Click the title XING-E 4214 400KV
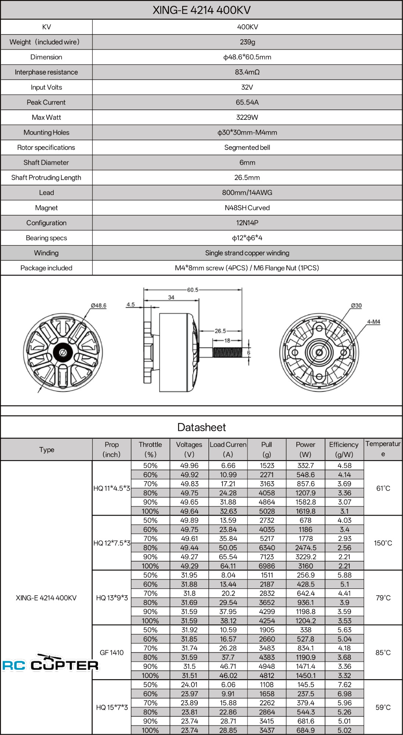click(x=201, y=10)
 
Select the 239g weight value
click(x=247, y=42)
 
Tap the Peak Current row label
click(x=46, y=102)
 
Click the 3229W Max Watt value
click(x=247, y=117)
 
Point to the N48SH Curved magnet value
click(x=247, y=208)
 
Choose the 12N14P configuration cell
click(x=247, y=223)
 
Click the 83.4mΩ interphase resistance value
click(x=247, y=72)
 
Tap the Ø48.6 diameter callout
click(x=99, y=305)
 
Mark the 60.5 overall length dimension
click(x=193, y=290)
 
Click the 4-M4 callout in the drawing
click(x=373, y=322)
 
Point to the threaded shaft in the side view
click(x=227, y=352)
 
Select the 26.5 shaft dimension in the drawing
click(x=220, y=331)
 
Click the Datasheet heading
click(x=201, y=427)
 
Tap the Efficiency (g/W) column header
click(x=344, y=449)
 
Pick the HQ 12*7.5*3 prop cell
click(x=112, y=543)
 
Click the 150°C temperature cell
click(x=383, y=543)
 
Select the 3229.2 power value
click(x=305, y=557)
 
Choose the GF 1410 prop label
click(x=112, y=652)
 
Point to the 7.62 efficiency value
click(x=344, y=685)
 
